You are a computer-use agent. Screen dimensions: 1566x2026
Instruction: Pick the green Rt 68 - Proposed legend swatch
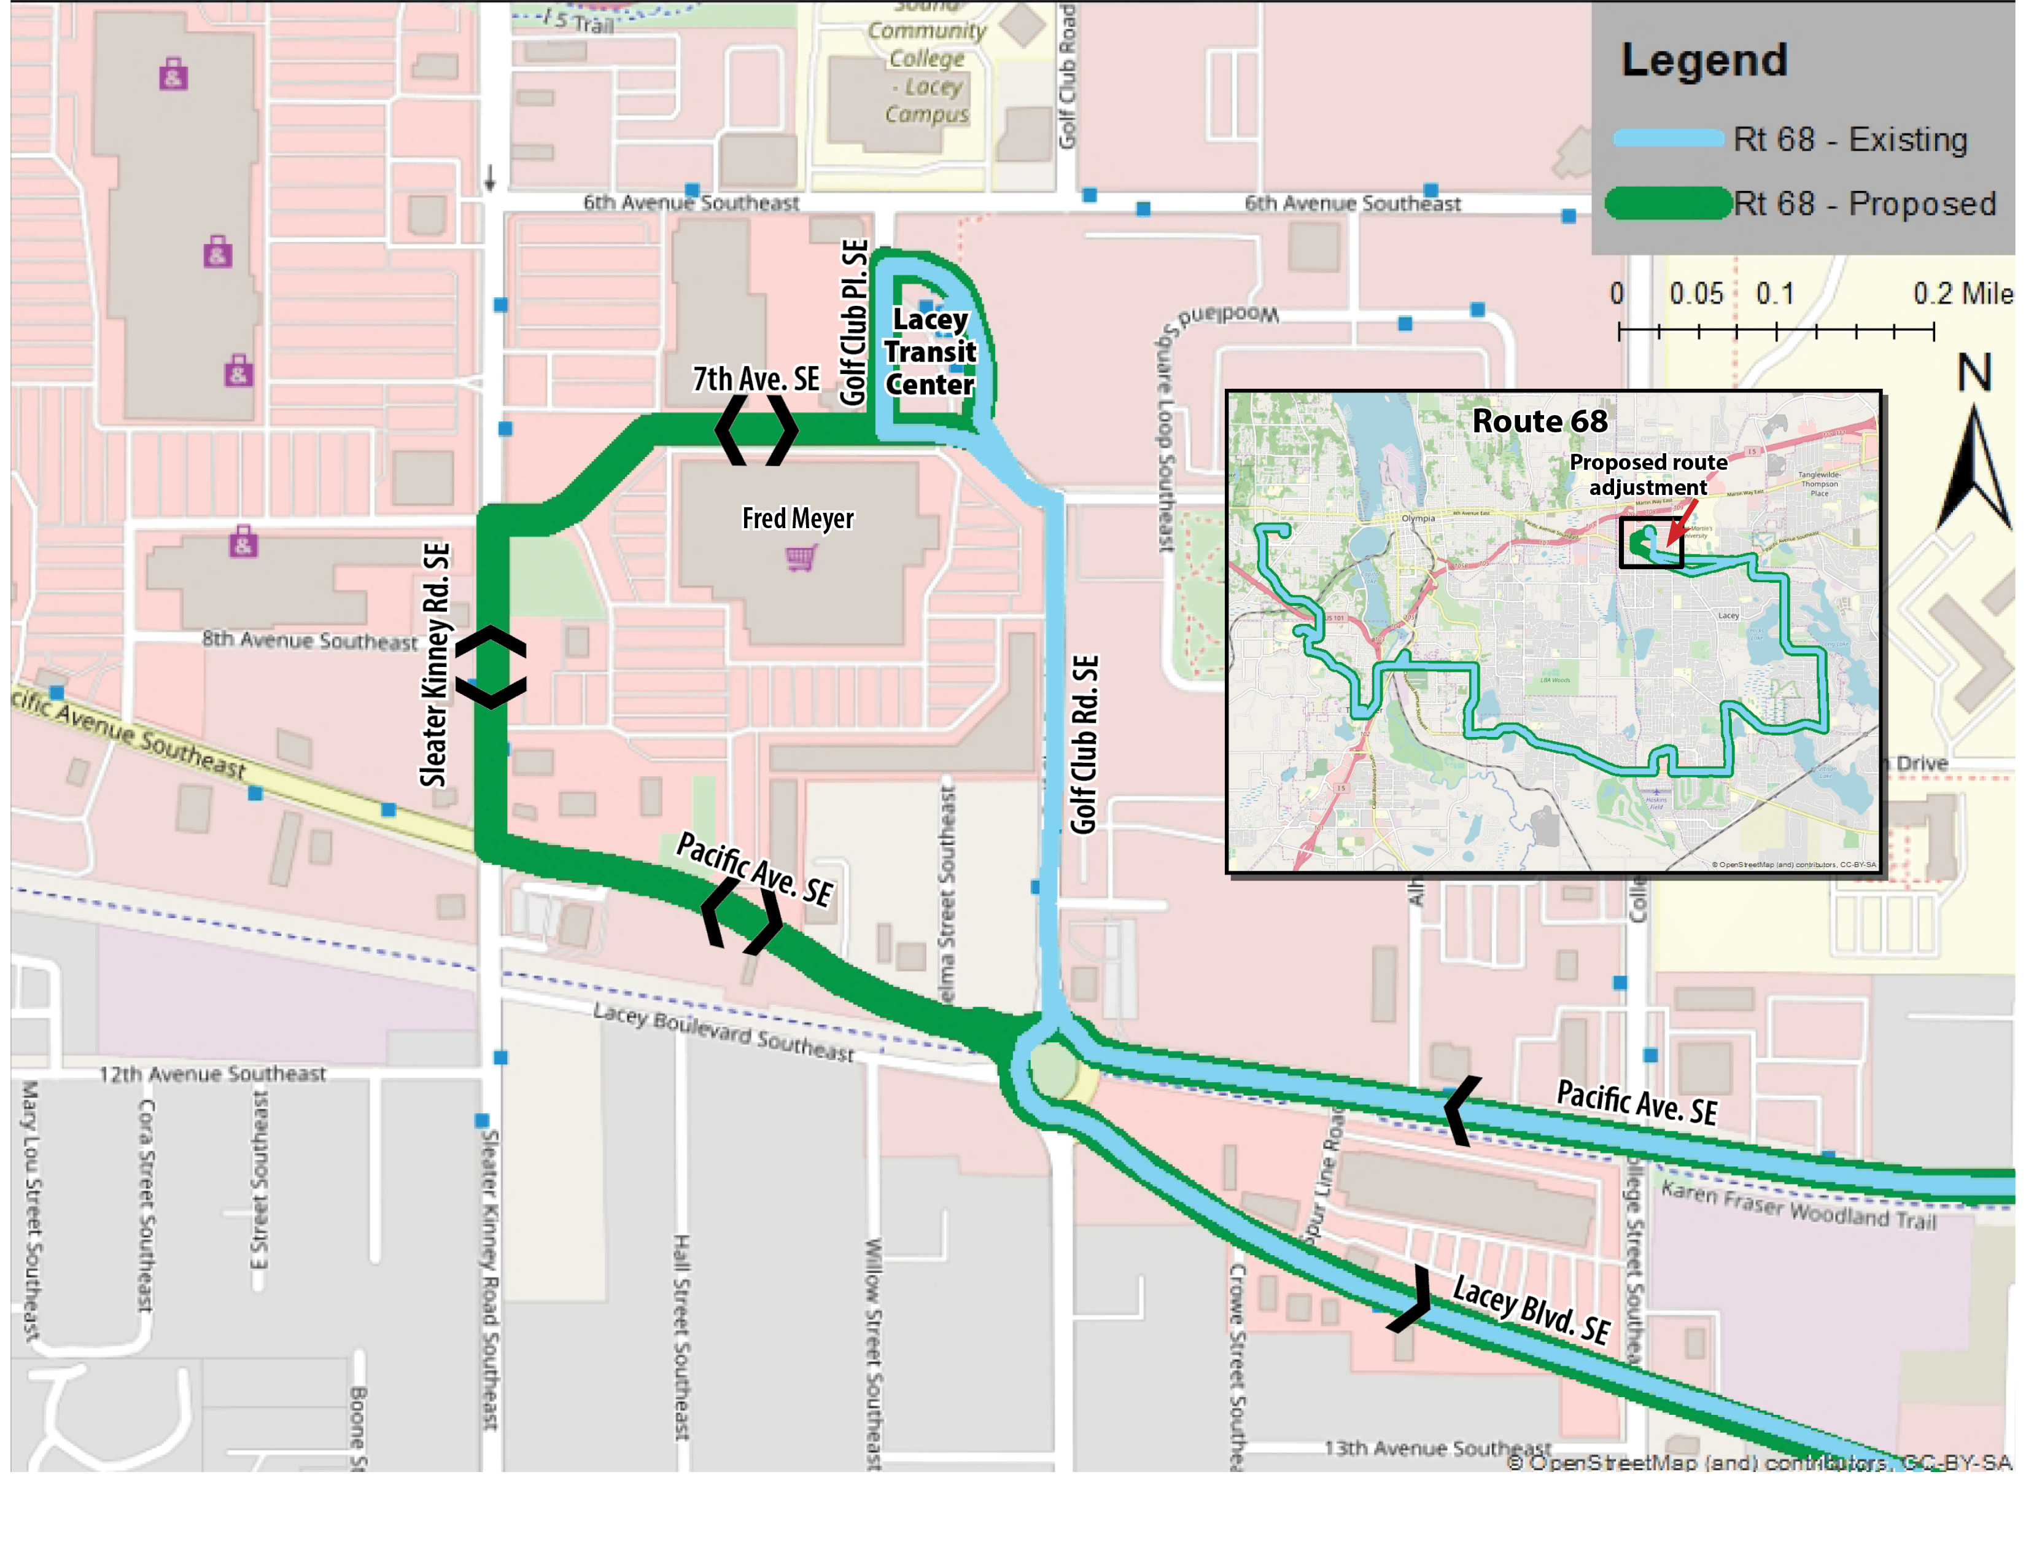tap(1667, 203)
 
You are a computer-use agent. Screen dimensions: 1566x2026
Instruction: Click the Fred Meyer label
tap(797, 518)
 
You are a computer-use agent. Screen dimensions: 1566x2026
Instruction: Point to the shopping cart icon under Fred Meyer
tap(799, 558)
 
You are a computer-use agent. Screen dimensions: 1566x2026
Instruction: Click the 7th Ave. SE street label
tap(755, 378)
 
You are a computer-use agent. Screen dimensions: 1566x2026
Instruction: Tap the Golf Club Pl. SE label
tap(853, 322)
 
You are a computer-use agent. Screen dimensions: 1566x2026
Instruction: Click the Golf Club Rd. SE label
tap(1084, 744)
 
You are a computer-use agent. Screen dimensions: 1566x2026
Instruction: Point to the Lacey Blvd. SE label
tap(1530, 1309)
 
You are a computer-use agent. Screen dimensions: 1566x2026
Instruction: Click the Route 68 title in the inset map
tap(1539, 421)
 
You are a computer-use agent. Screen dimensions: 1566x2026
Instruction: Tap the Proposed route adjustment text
tap(1648, 474)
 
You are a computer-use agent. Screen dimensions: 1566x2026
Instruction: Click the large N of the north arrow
tap(1974, 373)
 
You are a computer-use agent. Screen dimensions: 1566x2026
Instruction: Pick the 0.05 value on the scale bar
tap(1696, 294)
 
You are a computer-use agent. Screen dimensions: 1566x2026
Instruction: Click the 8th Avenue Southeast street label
tap(310, 639)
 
